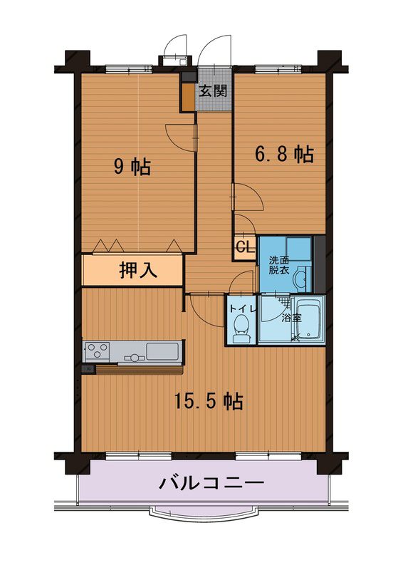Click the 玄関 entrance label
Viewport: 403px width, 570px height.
click(x=213, y=91)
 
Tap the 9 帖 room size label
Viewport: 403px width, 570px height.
click(x=132, y=167)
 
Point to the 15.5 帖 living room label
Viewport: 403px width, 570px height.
click(x=209, y=401)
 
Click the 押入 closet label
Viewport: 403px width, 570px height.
click(x=138, y=270)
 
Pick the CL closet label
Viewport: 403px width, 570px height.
click(x=244, y=247)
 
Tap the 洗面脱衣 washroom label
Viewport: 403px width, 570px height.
click(x=279, y=265)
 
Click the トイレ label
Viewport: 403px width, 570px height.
click(x=243, y=309)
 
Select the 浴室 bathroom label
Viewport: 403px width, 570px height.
click(x=292, y=318)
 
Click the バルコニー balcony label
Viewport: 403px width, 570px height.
click(x=211, y=483)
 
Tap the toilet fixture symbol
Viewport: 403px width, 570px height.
click(x=241, y=328)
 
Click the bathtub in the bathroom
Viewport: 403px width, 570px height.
click(x=308, y=318)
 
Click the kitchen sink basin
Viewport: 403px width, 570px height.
click(x=162, y=351)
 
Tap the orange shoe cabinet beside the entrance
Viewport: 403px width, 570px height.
click(x=188, y=98)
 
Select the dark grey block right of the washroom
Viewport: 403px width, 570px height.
click(x=320, y=264)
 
